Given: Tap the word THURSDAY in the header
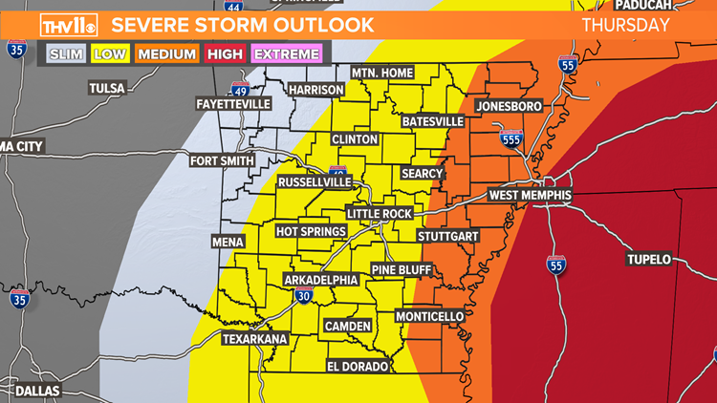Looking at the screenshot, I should [626, 25].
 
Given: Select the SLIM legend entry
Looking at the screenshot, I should [65, 54].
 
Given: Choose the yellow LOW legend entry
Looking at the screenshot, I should [110, 54].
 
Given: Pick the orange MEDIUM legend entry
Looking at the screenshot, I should [166, 54].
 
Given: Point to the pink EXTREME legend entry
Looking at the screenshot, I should [288, 54].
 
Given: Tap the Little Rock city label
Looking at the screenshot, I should [378, 214].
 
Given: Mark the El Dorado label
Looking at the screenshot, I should [358, 367].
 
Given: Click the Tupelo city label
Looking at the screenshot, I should [649, 259].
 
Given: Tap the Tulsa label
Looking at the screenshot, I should [107, 88].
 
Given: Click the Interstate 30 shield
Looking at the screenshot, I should [302, 297].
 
